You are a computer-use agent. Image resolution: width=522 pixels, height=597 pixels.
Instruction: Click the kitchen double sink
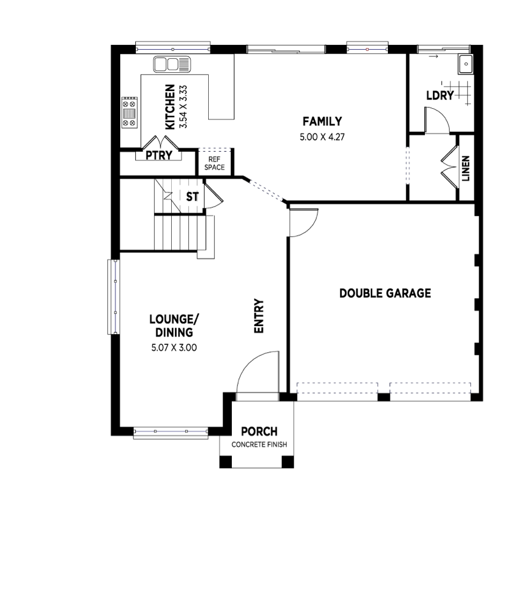point(172,64)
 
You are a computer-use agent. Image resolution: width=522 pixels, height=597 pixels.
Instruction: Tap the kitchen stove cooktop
point(129,113)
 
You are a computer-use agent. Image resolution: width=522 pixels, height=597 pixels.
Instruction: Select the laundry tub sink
point(466,64)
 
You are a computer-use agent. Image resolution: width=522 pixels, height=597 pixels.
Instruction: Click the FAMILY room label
point(322,121)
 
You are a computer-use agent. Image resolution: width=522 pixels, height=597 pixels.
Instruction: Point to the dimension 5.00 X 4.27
point(322,137)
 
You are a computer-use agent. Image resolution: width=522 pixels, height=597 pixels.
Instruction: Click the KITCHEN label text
point(170,107)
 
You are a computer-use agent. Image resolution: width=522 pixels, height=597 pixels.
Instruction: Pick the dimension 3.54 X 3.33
point(183,107)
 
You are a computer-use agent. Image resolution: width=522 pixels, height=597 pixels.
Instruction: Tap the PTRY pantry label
point(159,155)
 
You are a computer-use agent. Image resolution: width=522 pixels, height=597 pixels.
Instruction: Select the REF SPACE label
point(214,163)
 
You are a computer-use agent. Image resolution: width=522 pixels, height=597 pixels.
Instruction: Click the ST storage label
point(192,197)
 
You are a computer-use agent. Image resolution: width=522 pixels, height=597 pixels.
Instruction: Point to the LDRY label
point(440,95)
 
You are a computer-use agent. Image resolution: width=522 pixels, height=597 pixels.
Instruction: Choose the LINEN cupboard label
point(466,168)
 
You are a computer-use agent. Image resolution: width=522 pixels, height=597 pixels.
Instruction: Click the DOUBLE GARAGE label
point(385,293)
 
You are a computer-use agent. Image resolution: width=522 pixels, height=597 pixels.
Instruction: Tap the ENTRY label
point(259,316)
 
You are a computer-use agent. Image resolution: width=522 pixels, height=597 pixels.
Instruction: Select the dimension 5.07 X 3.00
point(174,347)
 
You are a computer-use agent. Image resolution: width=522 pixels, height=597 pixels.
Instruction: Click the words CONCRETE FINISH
point(259,445)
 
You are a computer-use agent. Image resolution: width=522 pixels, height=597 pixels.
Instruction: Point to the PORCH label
point(259,432)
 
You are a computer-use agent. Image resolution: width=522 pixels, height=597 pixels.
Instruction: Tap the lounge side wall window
point(114,297)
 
